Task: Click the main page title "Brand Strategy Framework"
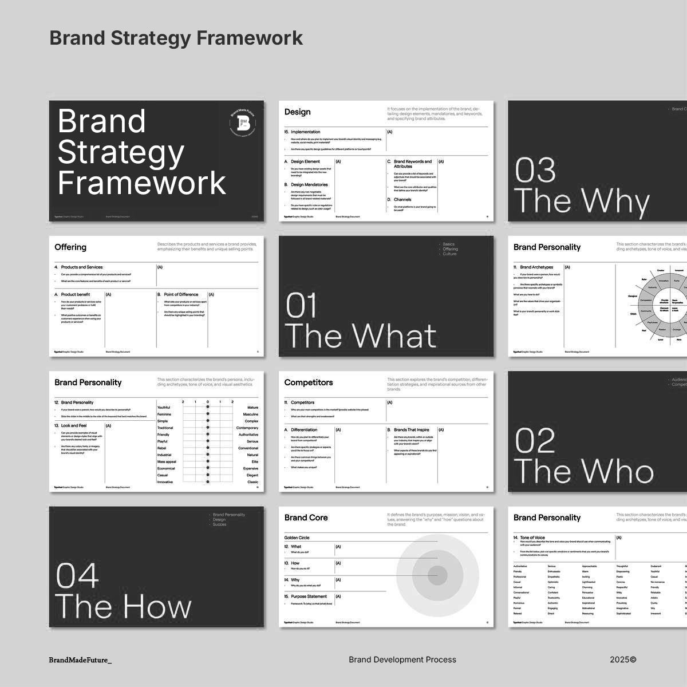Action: tap(176, 38)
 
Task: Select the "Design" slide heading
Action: tap(298, 112)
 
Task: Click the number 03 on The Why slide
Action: tap(535, 171)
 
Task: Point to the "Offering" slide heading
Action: tap(70, 247)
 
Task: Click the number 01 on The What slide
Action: tap(301, 306)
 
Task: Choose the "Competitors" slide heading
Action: tap(309, 382)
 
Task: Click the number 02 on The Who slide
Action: tap(535, 441)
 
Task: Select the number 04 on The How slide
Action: tap(77, 576)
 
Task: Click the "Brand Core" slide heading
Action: tap(306, 518)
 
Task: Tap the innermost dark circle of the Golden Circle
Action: tap(437, 575)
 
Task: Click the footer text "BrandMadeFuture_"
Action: tap(80, 660)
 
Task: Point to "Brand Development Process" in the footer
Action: tap(402, 660)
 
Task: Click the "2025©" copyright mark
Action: tap(623, 660)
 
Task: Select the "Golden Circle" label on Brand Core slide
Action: tap(297, 538)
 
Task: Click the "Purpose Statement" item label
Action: tap(309, 597)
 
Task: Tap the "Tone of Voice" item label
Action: tap(532, 538)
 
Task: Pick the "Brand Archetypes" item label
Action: tap(536, 267)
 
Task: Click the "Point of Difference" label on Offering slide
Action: tap(181, 294)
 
